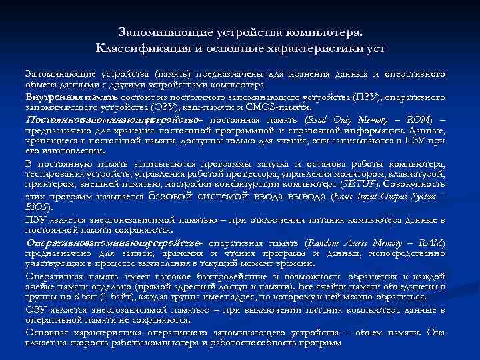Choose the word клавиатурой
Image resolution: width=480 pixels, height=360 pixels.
[421, 173]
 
